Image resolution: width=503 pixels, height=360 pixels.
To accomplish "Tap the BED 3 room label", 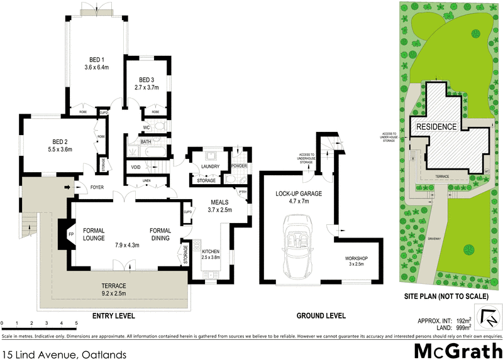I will click(x=146, y=80).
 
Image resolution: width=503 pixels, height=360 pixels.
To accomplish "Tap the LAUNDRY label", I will click(x=209, y=166).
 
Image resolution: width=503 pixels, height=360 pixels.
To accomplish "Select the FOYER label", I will click(x=97, y=186).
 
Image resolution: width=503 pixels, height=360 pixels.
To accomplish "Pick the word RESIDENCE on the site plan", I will click(x=434, y=126).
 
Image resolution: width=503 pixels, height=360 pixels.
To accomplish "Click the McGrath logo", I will click(x=458, y=350).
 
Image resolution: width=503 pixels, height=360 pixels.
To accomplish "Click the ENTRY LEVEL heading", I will click(x=113, y=316).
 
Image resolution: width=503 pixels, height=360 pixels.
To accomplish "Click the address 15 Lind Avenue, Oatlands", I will click(x=64, y=354).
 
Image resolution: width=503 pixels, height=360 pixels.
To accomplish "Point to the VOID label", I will click(x=136, y=167).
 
